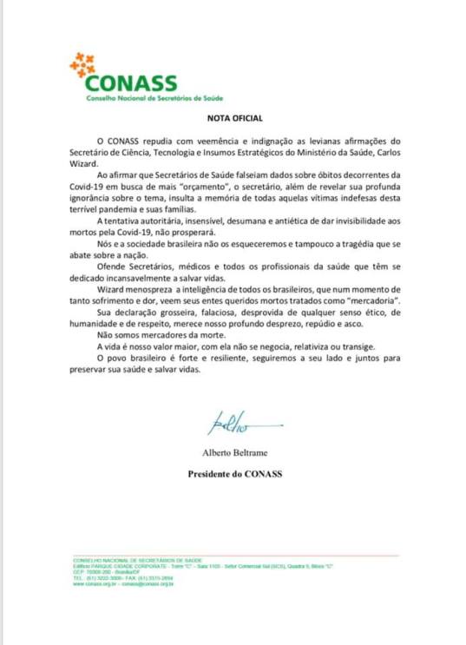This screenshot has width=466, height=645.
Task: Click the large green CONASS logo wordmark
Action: pos(131,84)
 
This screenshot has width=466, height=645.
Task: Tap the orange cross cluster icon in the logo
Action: pos(83,64)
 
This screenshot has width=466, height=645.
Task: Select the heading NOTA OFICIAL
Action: pos(234,117)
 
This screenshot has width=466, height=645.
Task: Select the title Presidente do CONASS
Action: pos(234,474)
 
